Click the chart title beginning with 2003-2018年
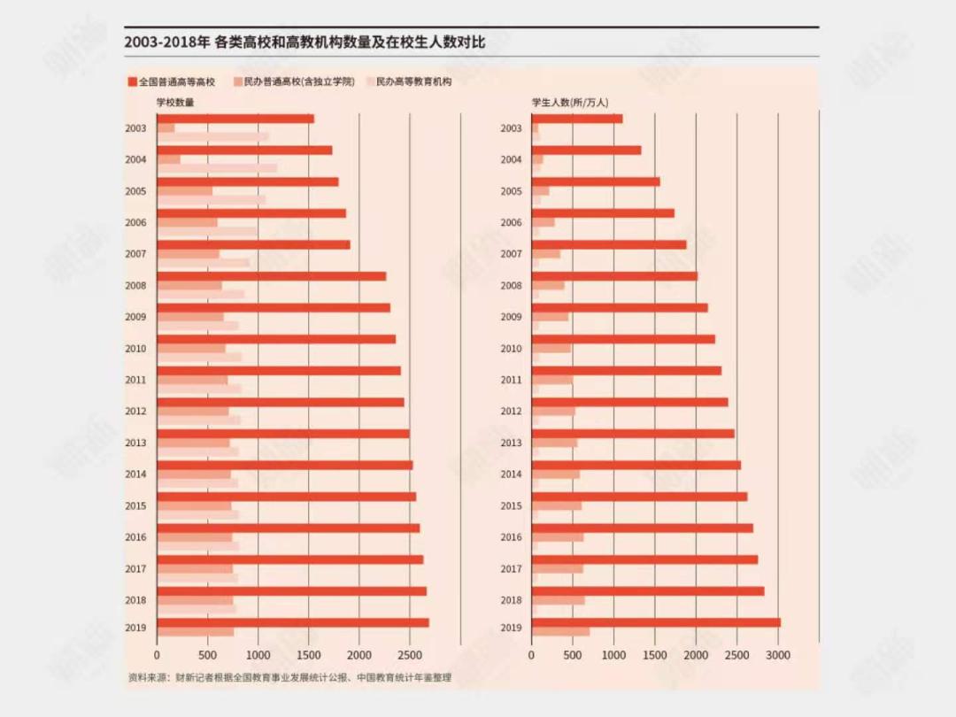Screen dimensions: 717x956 point(305,42)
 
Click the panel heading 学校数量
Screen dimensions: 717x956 point(175,103)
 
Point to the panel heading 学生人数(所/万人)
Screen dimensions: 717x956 point(570,103)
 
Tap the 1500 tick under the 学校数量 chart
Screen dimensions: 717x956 point(308,656)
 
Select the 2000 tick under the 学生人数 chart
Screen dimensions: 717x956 point(696,656)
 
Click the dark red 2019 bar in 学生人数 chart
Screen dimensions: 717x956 point(656,622)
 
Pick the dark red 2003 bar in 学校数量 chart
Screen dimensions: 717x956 point(235,119)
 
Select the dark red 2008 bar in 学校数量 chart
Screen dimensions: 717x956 point(271,276)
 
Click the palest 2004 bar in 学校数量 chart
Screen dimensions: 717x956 point(217,168)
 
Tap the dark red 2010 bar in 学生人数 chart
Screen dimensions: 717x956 point(623,339)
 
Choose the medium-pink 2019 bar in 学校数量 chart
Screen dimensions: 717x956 point(196,632)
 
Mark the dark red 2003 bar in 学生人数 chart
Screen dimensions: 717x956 point(577,119)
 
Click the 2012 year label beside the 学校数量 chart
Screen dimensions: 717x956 point(135,412)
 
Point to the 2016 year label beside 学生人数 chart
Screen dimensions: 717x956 point(511,537)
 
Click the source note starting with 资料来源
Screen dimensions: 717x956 point(289,678)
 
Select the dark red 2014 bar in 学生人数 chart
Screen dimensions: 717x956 point(636,465)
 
